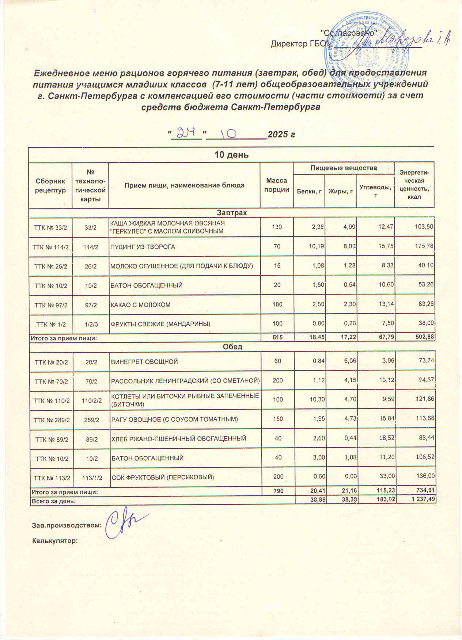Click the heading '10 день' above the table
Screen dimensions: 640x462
(x=231, y=155)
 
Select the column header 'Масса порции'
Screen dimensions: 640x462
(x=277, y=185)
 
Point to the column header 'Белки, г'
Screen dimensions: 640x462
(x=309, y=191)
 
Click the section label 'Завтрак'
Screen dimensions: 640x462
(x=232, y=213)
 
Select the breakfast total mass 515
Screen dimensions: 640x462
(x=277, y=338)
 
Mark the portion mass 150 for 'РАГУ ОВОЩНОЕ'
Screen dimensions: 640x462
(x=278, y=419)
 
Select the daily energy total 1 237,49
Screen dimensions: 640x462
(x=421, y=501)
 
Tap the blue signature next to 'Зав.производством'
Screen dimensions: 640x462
(x=122, y=521)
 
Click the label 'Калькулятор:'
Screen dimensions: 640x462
(x=55, y=541)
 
